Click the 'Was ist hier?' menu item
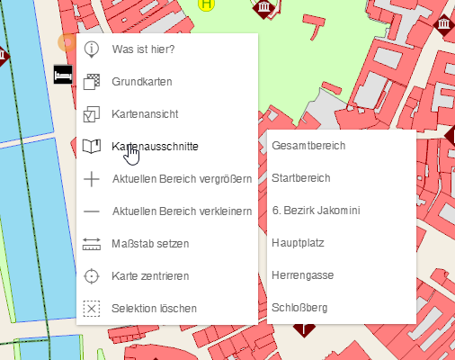pyautogui.click(x=143, y=49)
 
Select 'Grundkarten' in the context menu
pyautogui.click(x=142, y=82)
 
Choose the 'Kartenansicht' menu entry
pyautogui.click(x=145, y=114)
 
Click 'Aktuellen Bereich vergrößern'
pyautogui.click(x=181, y=178)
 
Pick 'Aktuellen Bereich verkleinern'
pyautogui.click(x=181, y=211)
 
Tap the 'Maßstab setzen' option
pyautogui.click(x=150, y=243)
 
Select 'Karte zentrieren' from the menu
pyautogui.click(x=150, y=275)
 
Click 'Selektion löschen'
pyautogui.click(x=154, y=308)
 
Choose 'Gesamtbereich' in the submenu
pyautogui.click(x=308, y=146)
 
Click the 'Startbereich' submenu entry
pyautogui.click(x=301, y=178)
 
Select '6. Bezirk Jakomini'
pyautogui.click(x=316, y=211)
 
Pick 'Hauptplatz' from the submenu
pyautogui.click(x=298, y=243)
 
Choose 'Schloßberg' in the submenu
pyautogui.click(x=299, y=308)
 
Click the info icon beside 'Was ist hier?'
pyautogui.click(x=91, y=49)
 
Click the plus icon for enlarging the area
pyautogui.click(x=91, y=178)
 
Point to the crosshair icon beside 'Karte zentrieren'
pyautogui.click(x=91, y=275)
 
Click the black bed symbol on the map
pyautogui.click(x=63, y=75)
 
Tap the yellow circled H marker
pyautogui.click(x=208, y=4)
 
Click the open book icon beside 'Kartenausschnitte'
pyautogui.click(x=91, y=146)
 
